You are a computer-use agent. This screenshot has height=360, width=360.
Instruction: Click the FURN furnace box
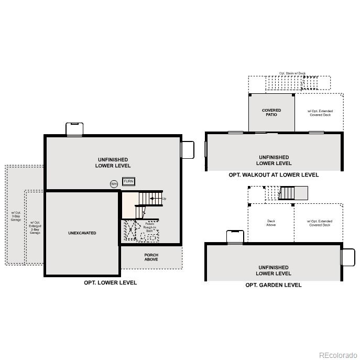point(128,181)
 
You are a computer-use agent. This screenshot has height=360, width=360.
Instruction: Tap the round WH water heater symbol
point(114,184)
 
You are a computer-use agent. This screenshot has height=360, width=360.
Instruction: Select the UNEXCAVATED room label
point(82,233)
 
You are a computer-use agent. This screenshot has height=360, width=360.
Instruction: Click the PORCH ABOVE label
point(151,257)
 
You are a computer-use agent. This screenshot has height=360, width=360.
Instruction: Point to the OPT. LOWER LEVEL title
point(111,282)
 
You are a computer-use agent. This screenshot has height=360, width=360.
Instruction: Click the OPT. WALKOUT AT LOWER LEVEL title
point(274,175)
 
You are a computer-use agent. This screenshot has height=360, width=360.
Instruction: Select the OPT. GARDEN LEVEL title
point(274,285)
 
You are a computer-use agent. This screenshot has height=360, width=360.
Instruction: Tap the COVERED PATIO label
point(271,112)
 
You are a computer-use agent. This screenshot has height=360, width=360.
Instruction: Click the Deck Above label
point(271,223)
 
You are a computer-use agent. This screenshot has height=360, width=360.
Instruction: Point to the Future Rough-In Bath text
point(149,227)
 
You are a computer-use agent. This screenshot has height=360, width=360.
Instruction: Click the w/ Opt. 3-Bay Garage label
point(16,216)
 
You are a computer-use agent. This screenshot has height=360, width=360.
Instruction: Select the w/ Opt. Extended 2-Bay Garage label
point(35,227)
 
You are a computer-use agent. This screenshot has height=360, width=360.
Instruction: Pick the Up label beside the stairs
point(164,199)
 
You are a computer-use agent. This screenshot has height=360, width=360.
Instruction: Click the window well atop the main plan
point(74,129)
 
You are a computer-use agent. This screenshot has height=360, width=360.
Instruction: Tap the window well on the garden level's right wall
point(348,257)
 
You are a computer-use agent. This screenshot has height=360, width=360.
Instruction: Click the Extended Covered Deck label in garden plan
point(320,223)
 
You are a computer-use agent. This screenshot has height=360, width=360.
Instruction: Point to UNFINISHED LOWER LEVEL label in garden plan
point(274,270)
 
